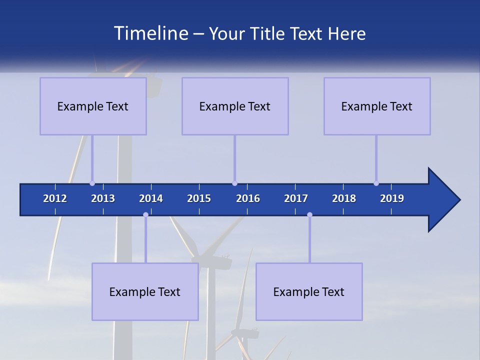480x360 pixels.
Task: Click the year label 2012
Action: coord(55,198)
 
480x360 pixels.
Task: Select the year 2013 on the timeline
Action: coord(103,198)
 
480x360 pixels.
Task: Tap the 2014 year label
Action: coord(151,198)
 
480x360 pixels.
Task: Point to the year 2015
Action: coord(199,198)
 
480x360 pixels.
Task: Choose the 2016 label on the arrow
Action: coord(248,198)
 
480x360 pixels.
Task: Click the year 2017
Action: coord(296,198)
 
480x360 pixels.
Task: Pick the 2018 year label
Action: coord(344,198)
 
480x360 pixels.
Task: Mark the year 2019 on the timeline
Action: coord(392,198)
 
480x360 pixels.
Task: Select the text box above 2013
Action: coord(93,106)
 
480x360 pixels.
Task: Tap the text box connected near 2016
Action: coord(235,106)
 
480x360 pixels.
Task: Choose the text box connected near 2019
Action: coord(377,106)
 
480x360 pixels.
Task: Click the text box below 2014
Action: coord(145,291)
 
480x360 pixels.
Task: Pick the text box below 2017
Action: coord(309,291)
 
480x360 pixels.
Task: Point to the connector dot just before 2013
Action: coord(92,183)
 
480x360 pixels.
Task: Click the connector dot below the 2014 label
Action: coord(145,215)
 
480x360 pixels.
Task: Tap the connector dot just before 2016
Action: coord(234,183)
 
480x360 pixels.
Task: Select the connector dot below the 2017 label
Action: coord(309,215)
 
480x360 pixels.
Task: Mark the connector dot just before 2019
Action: coord(376,183)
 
